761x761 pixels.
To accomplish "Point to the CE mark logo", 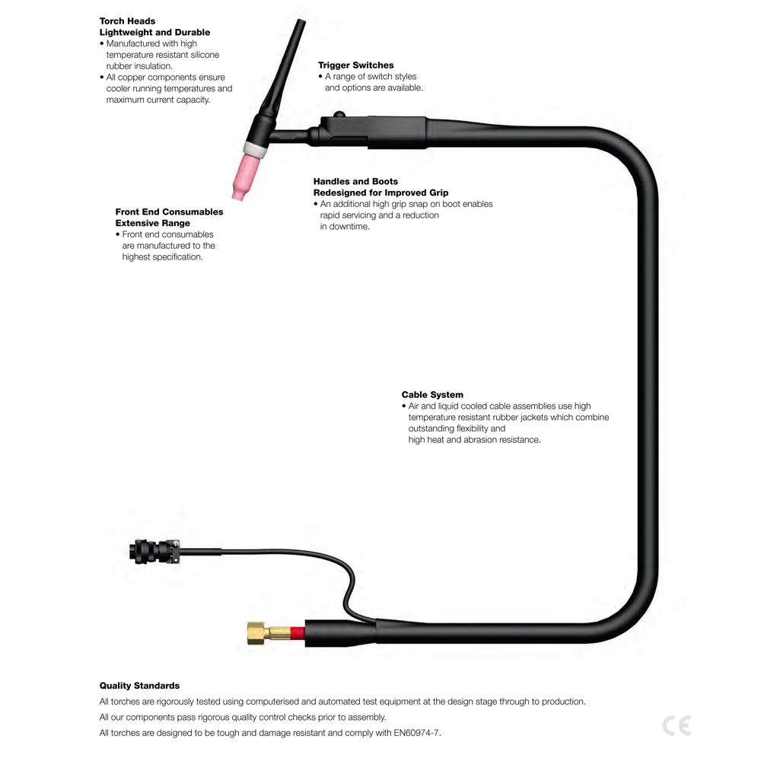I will [x=676, y=725].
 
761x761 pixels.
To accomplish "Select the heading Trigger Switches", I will [x=356, y=65].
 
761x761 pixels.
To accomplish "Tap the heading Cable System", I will [x=432, y=395].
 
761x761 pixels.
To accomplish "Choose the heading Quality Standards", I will [x=139, y=686].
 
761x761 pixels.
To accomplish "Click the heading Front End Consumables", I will [x=169, y=212].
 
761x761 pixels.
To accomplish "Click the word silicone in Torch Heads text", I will [x=202, y=55].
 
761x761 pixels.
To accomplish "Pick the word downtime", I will [x=349, y=227].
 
